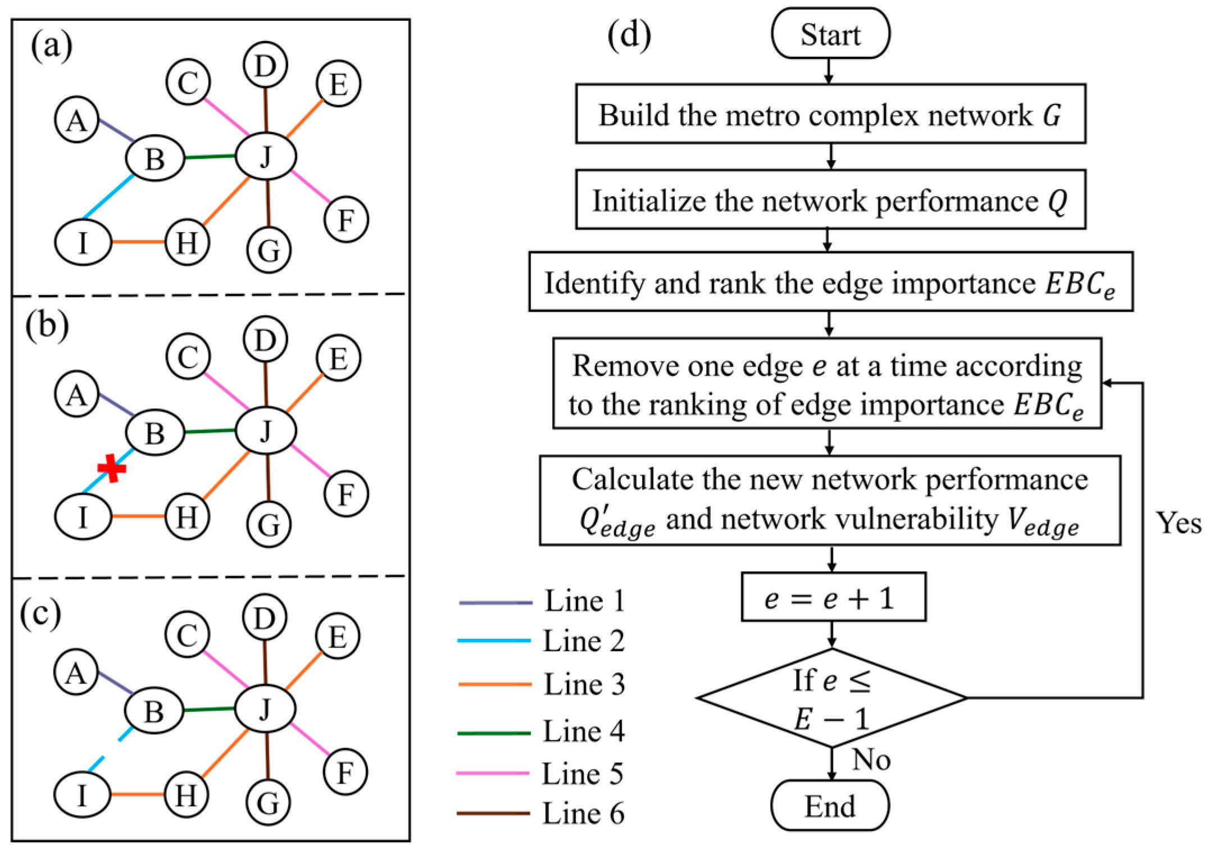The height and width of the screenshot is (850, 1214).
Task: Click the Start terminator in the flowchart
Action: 830,34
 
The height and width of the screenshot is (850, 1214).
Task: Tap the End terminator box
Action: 830,806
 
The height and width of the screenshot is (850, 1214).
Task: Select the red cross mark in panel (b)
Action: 112,468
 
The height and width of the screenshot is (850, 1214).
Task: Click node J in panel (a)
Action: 266,156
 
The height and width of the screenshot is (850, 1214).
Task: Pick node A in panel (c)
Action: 76,672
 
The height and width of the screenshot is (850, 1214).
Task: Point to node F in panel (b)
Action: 346,494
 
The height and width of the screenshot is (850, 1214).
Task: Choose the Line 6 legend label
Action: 583,813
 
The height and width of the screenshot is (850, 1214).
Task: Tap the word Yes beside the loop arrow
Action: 1178,524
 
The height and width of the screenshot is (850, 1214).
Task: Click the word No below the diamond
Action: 871,760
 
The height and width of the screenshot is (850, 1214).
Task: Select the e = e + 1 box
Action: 833,597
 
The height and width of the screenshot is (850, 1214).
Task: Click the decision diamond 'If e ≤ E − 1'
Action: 831,698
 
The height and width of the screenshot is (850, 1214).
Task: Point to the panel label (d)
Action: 629,35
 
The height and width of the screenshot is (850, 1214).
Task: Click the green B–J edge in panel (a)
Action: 210,157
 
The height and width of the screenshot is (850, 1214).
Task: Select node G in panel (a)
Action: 269,250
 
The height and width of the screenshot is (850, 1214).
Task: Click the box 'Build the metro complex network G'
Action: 830,114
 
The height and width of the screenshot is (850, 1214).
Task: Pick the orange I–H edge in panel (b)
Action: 138,516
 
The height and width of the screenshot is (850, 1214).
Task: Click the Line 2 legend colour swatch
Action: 494,640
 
